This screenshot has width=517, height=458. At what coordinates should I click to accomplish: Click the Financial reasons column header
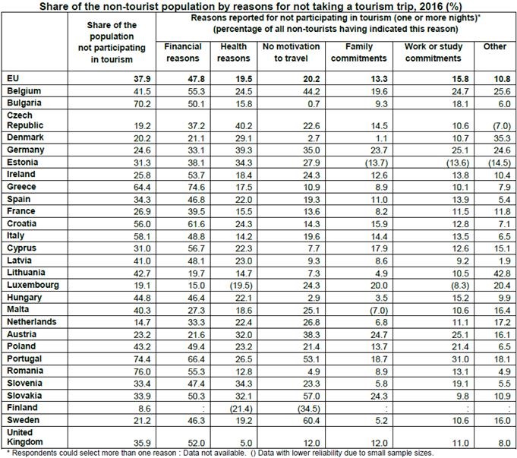(182, 52)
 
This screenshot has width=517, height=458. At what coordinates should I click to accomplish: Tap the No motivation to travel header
(286, 52)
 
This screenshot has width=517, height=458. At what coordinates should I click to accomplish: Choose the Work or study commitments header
(427, 52)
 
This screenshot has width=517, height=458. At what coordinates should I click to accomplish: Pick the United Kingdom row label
(24, 436)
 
